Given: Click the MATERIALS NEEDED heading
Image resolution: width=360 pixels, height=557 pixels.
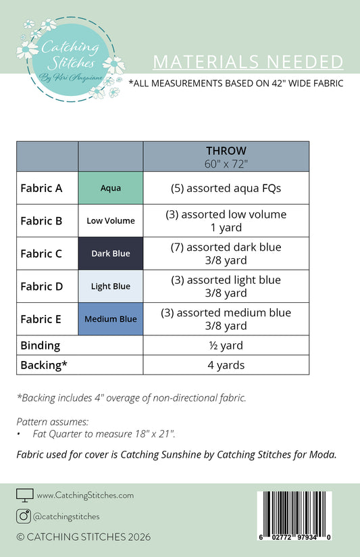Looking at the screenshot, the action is click(x=248, y=62).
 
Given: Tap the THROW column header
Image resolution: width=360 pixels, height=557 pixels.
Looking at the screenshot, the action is click(x=226, y=156).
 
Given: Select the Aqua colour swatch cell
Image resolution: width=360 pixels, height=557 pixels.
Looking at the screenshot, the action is click(x=111, y=188).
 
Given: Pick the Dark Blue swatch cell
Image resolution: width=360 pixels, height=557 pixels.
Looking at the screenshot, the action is click(x=111, y=253).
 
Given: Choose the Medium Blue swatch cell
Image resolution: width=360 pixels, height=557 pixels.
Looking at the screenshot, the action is click(x=111, y=319).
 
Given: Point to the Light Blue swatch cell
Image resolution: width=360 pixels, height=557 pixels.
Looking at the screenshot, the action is click(x=111, y=287).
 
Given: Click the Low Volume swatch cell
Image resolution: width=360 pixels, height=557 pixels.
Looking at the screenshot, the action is click(x=111, y=220).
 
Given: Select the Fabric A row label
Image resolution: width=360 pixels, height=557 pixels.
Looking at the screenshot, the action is click(x=42, y=189).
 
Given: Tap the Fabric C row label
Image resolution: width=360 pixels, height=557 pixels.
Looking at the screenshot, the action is click(x=41, y=253).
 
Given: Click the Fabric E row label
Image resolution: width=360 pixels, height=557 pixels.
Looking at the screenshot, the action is click(x=41, y=319).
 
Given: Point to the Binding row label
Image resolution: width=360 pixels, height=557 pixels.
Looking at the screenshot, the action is click(x=41, y=345).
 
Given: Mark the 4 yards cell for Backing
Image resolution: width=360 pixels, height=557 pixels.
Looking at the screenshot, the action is click(x=226, y=365).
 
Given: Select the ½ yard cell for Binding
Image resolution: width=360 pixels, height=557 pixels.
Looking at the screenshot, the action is click(x=226, y=345).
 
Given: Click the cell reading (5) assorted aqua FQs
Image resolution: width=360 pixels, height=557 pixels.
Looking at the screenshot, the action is click(x=226, y=188).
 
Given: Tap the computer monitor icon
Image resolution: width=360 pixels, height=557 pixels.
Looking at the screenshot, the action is click(x=25, y=495).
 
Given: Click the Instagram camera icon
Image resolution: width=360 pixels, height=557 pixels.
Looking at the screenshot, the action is click(x=24, y=516).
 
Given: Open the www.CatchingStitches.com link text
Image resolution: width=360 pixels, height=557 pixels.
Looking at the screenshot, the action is click(x=85, y=495).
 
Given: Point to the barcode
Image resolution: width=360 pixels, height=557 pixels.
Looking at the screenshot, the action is click(x=294, y=516).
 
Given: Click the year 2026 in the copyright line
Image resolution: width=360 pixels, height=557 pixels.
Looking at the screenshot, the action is click(x=139, y=537).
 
